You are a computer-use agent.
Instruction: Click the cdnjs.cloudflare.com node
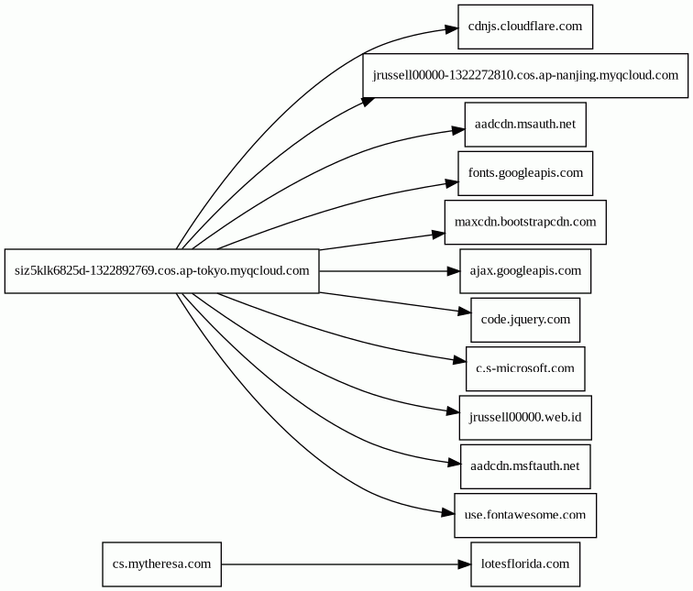pyautogui.click(x=525, y=27)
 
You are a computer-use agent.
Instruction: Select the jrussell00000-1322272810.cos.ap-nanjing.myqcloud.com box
pyautogui.click(x=525, y=75)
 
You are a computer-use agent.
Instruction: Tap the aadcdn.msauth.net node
pyautogui.click(x=525, y=125)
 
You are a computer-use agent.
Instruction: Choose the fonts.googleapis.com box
pyautogui.click(x=525, y=173)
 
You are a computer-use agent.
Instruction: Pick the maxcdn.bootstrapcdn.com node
pyautogui.click(x=525, y=222)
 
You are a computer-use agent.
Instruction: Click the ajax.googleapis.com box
pyautogui.click(x=525, y=271)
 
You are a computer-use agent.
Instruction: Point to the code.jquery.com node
pyautogui.click(x=525, y=320)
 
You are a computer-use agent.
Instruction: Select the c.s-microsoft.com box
pyautogui.click(x=525, y=369)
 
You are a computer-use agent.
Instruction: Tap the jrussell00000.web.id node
pyautogui.click(x=525, y=418)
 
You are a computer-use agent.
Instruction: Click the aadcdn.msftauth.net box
pyautogui.click(x=525, y=466)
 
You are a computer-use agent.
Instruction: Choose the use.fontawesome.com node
pyautogui.click(x=525, y=516)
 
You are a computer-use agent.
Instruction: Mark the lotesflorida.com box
pyautogui.click(x=525, y=564)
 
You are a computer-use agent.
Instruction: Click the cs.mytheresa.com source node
pyautogui.click(x=161, y=564)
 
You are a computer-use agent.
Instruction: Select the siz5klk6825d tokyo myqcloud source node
pyautogui.click(x=161, y=271)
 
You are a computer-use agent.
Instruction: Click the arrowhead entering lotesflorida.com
pyautogui.click(x=465, y=564)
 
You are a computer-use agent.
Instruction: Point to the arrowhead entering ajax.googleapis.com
pyautogui.click(x=454, y=271)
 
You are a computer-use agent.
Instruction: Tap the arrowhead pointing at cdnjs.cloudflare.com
pyautogui.click(x=452, y=29)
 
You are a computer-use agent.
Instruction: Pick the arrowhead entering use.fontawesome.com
pyautogui.click(x=447, y=513)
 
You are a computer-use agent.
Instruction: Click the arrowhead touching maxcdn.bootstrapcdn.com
pyautogui.click(x=438, y=235)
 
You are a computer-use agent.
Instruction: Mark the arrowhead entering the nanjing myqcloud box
pyautogui.click(x=368, y=102)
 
